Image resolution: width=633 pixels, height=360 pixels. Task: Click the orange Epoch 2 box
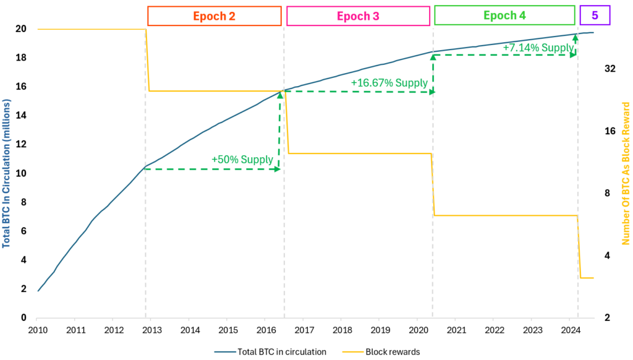[214, 15]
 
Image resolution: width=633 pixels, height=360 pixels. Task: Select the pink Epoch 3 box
[358, 15]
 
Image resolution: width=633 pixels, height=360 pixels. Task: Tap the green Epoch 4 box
[504, 15]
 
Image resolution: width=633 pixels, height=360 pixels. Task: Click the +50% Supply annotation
[242, 159]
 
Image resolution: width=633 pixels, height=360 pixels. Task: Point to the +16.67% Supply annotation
[389, 83]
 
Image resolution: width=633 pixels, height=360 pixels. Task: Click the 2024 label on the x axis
[571, 330]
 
